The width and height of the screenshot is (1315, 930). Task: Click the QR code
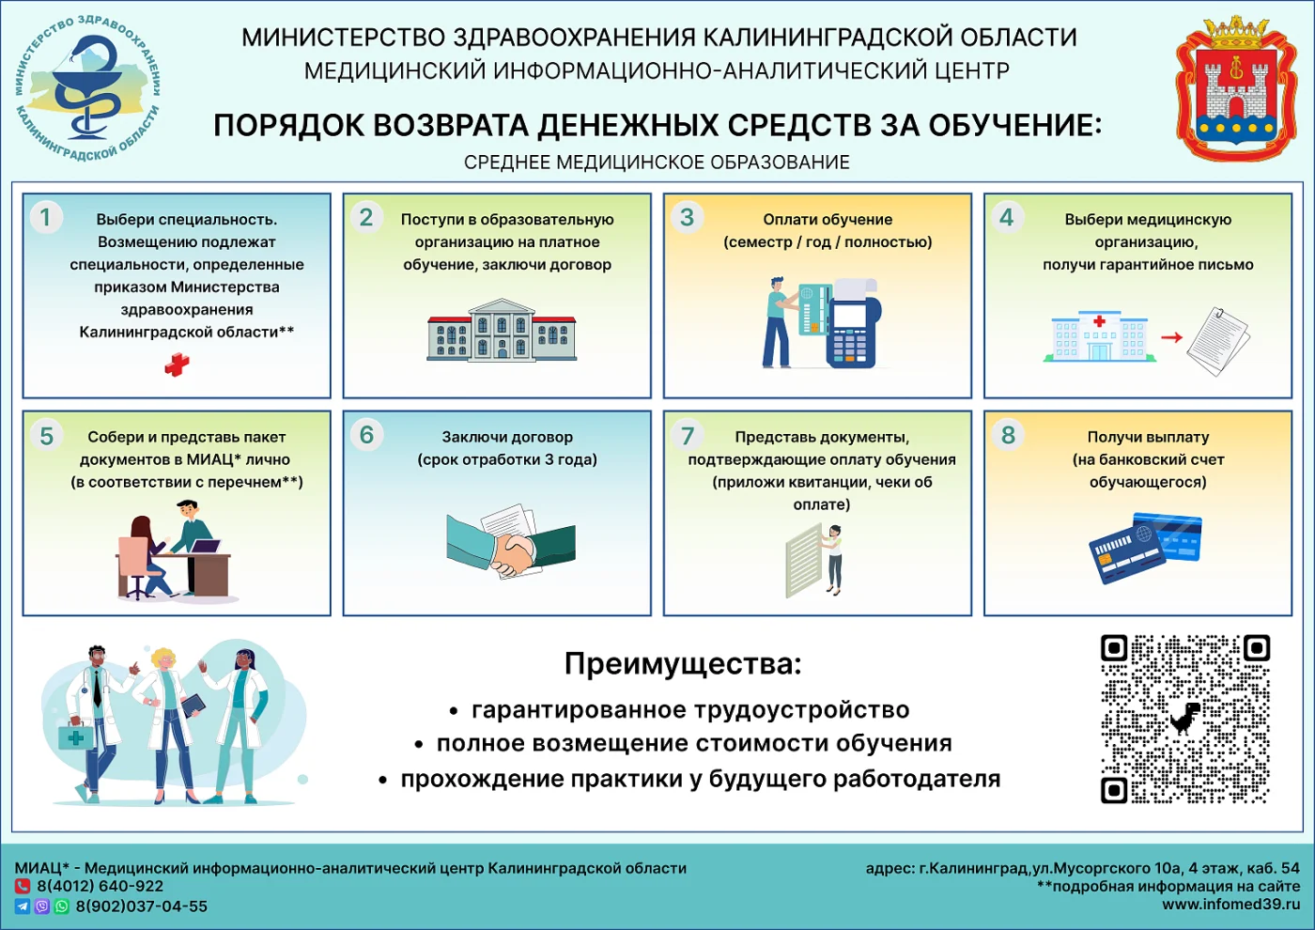(x=1185, y=720)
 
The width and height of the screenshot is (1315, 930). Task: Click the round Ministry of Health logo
(x=87, y=90)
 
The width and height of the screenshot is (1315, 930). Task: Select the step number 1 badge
(x=45, y=217)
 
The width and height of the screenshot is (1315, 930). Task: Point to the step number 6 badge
(x=366, y=435)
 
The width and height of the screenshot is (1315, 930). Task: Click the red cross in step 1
(x=177, y=364)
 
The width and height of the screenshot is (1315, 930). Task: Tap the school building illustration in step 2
(x=502, y=331)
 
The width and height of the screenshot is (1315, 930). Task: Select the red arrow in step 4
(x=1171, y=337)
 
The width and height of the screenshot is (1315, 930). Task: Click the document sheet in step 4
(x=1218, y=341)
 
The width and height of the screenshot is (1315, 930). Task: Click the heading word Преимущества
(x=683, y=664)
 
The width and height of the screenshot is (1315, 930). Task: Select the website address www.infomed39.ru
(x=1230, y=905)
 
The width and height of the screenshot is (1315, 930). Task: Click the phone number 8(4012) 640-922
(x=100, y=886)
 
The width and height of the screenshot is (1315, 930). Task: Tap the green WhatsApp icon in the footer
(x=61, y=907)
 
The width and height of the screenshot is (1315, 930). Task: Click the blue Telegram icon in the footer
(x=22, y=907)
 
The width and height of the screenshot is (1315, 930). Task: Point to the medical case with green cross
(x=75, y=736)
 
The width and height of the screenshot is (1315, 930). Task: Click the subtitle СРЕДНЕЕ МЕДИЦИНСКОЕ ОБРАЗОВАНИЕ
(x=657, y=163)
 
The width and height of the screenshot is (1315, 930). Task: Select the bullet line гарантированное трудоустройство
(x=689, y=710)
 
